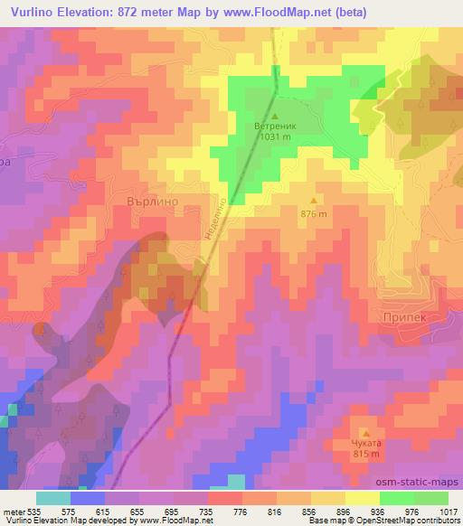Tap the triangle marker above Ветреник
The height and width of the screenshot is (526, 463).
point(274,117)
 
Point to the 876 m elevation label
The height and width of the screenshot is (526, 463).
point(314,213)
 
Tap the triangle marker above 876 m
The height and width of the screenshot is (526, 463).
point(314,201)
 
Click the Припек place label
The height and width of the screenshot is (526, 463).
point(404,319)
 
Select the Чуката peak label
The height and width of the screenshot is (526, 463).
point(365,444)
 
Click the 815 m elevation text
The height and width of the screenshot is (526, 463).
point(365,455)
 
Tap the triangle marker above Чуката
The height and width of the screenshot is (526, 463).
point(365,433)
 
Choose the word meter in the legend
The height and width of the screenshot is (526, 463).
point(13,511)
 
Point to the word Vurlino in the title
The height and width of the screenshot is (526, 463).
point(33,11)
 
